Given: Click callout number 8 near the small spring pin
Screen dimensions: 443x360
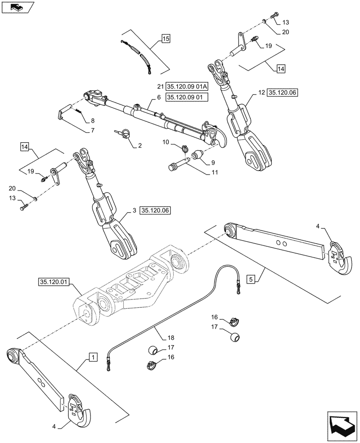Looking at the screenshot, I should pos(92,120).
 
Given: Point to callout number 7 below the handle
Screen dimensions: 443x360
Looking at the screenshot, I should pos(92,131).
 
